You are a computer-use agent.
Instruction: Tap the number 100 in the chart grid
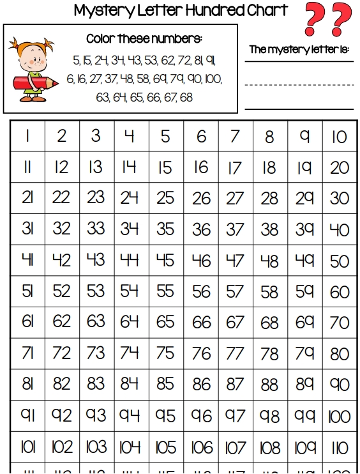point(339,416)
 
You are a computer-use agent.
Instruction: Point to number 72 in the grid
point(62,353)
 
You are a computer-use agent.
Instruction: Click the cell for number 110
point(339,447)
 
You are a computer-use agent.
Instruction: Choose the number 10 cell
point(339,136)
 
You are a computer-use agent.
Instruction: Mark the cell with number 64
point(131,322)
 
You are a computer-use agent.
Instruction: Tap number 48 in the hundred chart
point(269,260)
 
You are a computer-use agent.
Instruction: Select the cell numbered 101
point(27,447)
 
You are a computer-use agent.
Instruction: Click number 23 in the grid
point(96,197)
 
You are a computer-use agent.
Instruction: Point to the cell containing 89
point(304,385)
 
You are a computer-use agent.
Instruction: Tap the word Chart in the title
point(266,10)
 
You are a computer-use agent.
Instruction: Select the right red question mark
point(341,19)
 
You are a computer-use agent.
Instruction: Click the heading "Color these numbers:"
point(144,39)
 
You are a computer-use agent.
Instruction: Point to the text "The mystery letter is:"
point(299,49)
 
